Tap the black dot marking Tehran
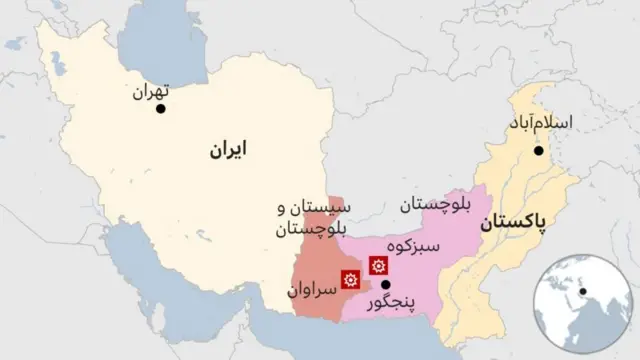coord(160,108)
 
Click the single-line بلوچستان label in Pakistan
coord(435,206)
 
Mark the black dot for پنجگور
coord(385,284)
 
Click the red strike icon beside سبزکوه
coord(377,266)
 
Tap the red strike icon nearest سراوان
coord(350,280)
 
